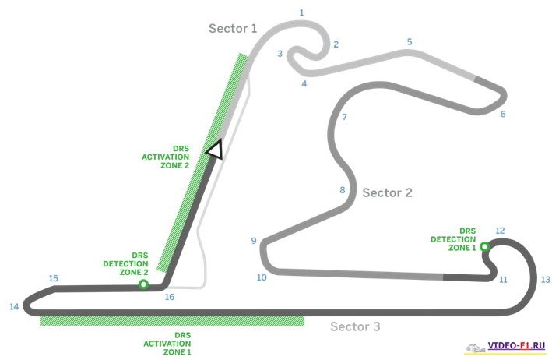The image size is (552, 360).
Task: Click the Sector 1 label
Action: [232, 29]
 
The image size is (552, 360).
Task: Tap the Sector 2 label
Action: [387, 193]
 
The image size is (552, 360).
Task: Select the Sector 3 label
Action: [355, 326]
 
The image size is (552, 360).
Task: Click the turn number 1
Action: [301, 12]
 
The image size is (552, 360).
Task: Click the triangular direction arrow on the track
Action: [213, 149]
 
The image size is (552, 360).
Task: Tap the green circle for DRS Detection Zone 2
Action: [143, 284]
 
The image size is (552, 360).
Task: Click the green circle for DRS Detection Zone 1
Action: [484, 247]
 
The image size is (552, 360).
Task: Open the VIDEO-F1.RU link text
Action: [517, 345]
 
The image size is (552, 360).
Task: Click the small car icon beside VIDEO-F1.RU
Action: [475, 346]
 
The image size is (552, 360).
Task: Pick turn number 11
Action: [504, 279]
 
